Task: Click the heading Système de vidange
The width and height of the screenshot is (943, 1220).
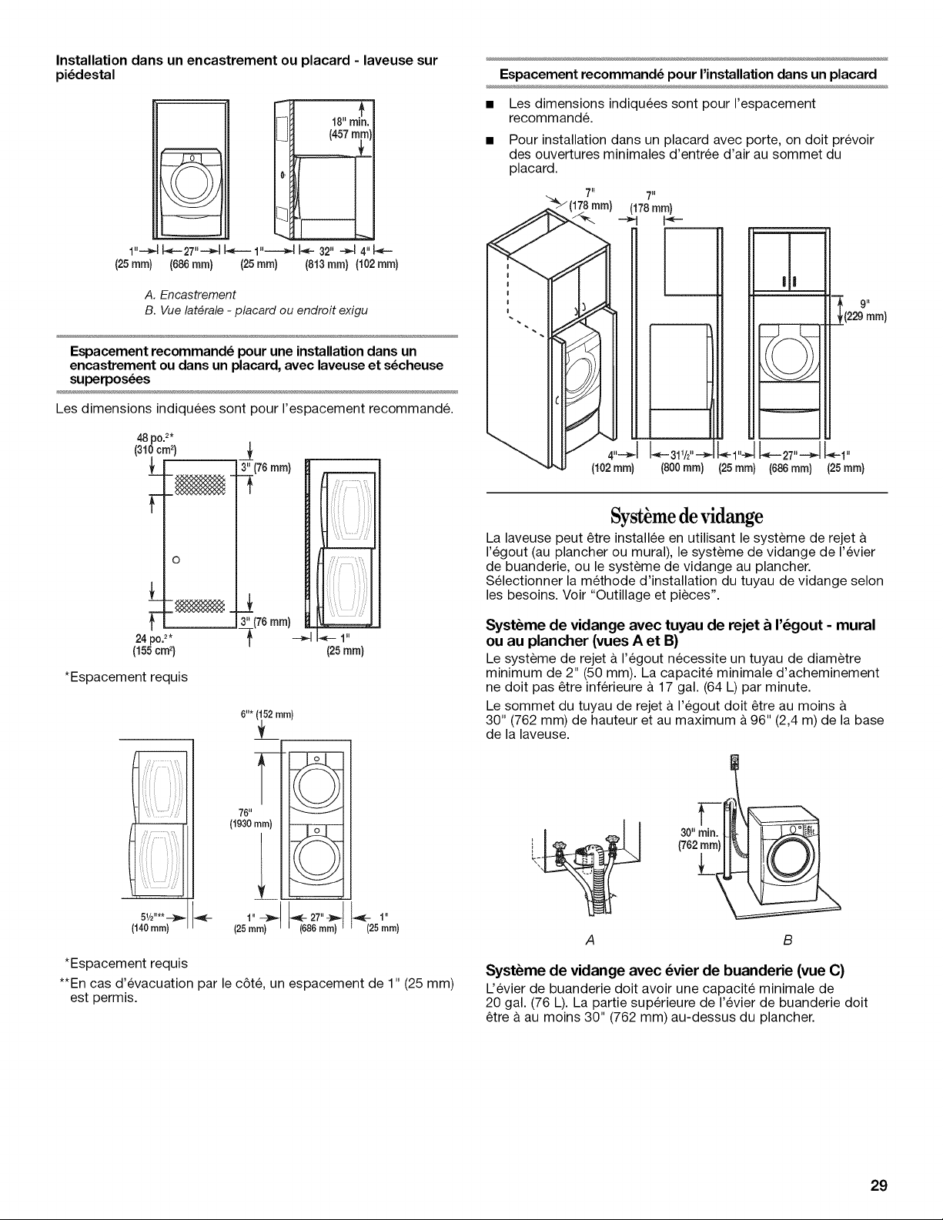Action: click(x=687, y=516)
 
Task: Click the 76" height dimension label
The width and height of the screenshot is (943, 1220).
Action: click(x=245, y=813)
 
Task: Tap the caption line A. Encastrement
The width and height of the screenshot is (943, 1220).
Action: click(x=189, y=295)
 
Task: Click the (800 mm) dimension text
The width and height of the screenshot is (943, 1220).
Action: click(x=682, y=468)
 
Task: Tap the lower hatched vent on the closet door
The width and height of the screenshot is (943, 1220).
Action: click(x=200, y=605)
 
